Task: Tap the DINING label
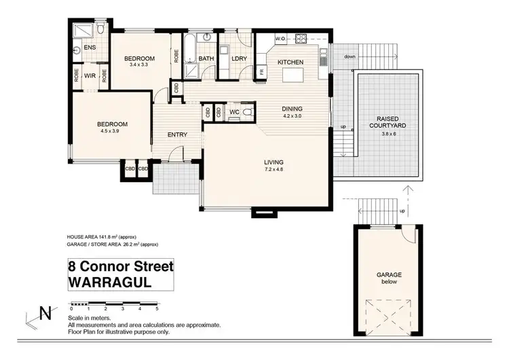click(293, 109)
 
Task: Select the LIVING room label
click(274, 162)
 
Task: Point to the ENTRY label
click(177, 134)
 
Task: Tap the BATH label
click(206, 59)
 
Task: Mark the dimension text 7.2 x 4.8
click(274, 168)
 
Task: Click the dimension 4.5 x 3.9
click(112, 131)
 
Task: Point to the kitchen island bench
click(291, 73)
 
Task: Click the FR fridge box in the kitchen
click(261, 71)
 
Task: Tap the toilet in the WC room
click(248, 111)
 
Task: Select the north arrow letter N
click(45, 314)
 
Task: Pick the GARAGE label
click(390, 274)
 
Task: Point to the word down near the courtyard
click(349, 56)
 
